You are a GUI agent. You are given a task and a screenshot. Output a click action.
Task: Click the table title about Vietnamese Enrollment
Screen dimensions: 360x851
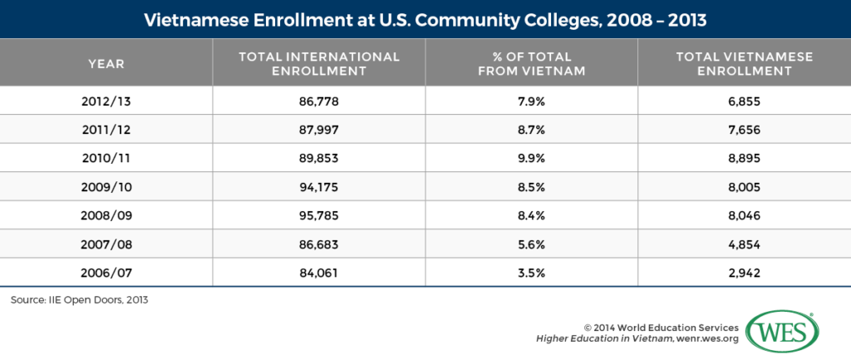click(425, 18)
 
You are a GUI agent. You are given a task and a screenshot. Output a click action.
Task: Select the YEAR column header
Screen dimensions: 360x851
click(106, 63)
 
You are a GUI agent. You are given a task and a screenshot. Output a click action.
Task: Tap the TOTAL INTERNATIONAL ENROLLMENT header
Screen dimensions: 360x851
click(319, 63)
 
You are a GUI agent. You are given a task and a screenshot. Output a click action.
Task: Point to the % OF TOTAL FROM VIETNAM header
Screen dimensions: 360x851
click(532, 63)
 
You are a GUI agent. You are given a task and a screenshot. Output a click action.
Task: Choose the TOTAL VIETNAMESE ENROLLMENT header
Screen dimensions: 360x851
click(744, 63)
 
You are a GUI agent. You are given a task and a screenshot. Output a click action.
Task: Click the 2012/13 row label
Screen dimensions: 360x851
click(106, 101)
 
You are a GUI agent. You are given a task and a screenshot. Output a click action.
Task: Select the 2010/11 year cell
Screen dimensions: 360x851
click(106, 158)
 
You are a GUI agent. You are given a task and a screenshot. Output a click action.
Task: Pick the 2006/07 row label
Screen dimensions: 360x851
click(106, 271)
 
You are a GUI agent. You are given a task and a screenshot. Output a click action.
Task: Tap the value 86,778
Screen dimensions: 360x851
click(319, 101)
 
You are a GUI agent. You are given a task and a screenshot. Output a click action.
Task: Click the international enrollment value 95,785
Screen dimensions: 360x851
click(319, 215)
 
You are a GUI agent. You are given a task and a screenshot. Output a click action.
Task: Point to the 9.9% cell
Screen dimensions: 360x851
click(532, 158)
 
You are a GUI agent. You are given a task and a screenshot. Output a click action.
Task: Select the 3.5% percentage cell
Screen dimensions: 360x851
click(532, 271)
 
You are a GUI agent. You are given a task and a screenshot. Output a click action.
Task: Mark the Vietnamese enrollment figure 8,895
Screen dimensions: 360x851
click(744, 158)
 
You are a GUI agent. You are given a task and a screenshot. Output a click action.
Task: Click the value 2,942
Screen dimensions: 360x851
click(744, 271)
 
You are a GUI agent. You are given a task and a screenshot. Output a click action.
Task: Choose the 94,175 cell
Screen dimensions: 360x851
click(319, 186)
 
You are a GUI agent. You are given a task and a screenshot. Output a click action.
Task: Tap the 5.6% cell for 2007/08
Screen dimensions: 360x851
click(532, 243)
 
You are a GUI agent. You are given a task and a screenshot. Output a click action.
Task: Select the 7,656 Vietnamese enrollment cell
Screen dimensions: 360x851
click(744, 130)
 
